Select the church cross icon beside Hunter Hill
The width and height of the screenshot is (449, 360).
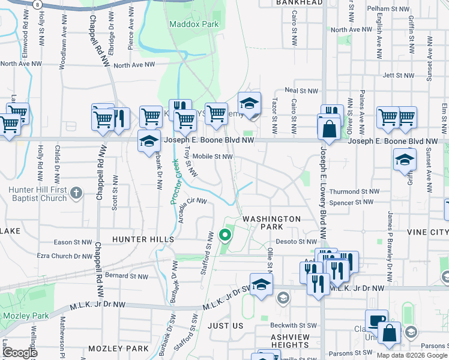[76, 193]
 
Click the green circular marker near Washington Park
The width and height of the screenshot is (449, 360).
[226, 235]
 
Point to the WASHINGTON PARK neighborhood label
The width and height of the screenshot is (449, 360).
[271, 223]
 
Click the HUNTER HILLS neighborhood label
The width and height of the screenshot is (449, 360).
[143, 239]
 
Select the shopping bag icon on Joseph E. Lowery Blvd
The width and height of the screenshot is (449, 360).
[330, 128]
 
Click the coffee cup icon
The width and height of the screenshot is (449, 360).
[377, 321]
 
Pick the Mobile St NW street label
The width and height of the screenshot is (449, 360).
[212, 157]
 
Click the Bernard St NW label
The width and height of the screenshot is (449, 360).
[126, 276]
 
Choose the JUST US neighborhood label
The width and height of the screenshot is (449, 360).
[225, 326]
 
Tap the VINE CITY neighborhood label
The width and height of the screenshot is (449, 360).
[427, 232]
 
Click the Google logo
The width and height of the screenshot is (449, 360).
[19, 353]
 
